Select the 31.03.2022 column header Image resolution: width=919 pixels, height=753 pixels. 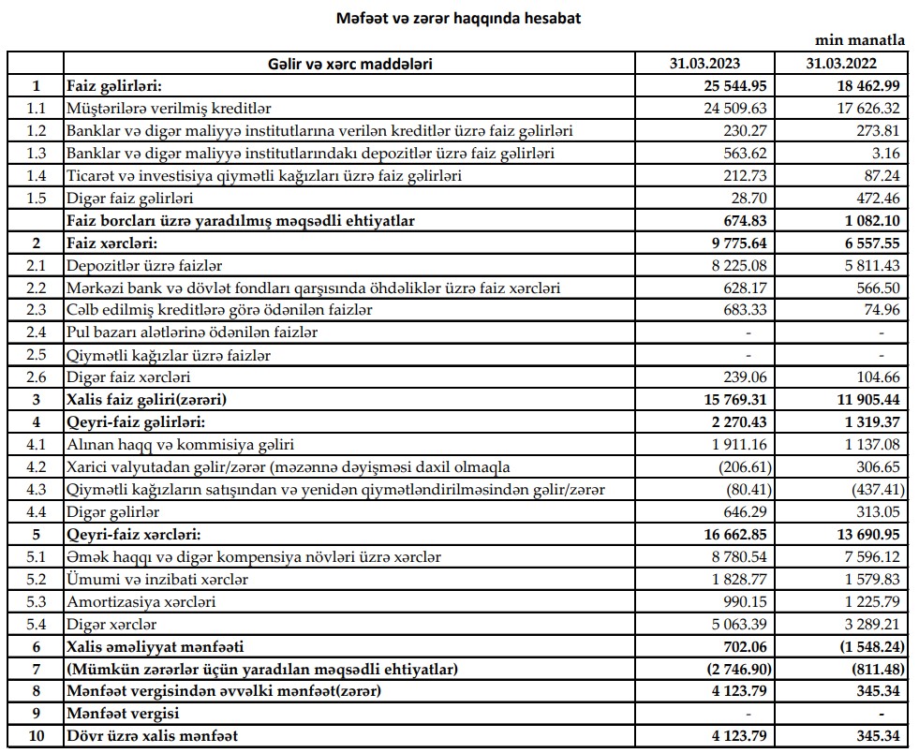844,64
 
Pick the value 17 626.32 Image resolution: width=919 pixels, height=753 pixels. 845,109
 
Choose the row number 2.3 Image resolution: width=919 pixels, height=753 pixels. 36,310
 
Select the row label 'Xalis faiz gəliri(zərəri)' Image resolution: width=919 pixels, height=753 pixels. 149,400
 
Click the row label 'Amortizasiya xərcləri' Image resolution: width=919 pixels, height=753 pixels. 141,602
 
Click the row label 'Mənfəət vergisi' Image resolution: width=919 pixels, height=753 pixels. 121,714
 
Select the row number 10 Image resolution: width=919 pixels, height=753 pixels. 36,736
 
